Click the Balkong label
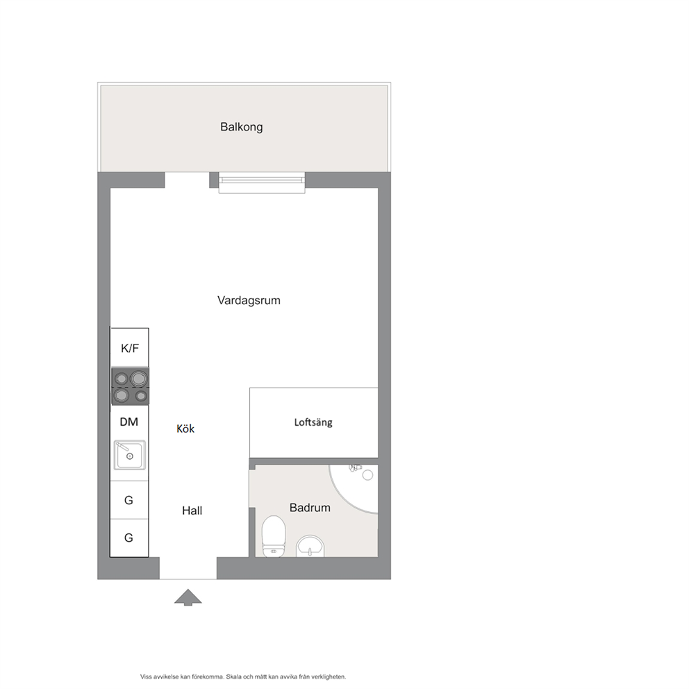point(241,127)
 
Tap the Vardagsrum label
point(249,301)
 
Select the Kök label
point(185,429)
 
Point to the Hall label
point(192,510)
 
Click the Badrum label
point(310,508)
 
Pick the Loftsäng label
point(313,422)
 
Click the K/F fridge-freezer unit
point(130,347)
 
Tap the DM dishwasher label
point(128,422)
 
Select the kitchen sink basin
point(130,455)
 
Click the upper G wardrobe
point(128,500)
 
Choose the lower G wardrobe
point(128,538)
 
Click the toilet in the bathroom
point(274,536)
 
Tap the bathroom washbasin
point(310,546)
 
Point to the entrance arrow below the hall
point(188,597)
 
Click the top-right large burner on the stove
point(139,378)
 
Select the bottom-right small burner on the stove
point(140,396)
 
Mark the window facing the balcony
point(262,183)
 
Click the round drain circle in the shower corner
point(368,474)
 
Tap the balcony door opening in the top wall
point(188,180)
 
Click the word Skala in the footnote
point(234,676)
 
